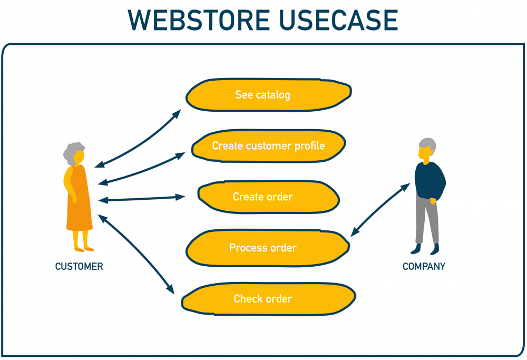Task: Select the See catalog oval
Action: click(268, 95)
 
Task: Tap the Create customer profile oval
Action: click(268, 145)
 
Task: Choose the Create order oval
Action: click(268, 197)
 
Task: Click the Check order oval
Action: click(268, 299)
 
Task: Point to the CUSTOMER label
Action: click(79, 267)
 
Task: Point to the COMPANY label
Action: click(424, 267)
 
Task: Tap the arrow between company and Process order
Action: click(380, 209)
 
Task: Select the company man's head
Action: click(426, 149)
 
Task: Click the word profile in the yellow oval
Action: click(309, 145)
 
